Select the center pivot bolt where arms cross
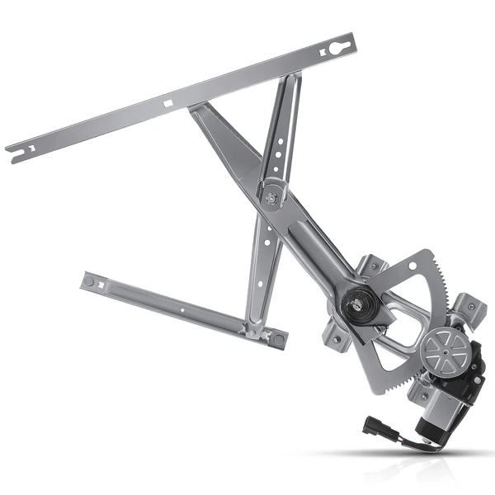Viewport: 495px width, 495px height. tap(271, 197)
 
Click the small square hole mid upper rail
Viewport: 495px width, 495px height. tap(167, 105)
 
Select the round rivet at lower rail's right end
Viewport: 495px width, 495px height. tap(278, 338)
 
